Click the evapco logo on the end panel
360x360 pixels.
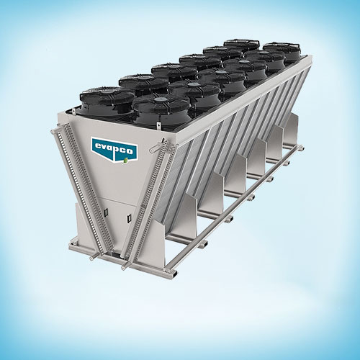[x=114, y=150]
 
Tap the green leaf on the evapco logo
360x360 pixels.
[x=125, y=161]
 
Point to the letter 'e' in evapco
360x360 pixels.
[x=98, y=146]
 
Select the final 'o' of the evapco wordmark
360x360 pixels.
[x=130, y=151]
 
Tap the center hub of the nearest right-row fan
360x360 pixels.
[x=158, y=99]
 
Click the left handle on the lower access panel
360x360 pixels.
[x=106, y=212]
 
